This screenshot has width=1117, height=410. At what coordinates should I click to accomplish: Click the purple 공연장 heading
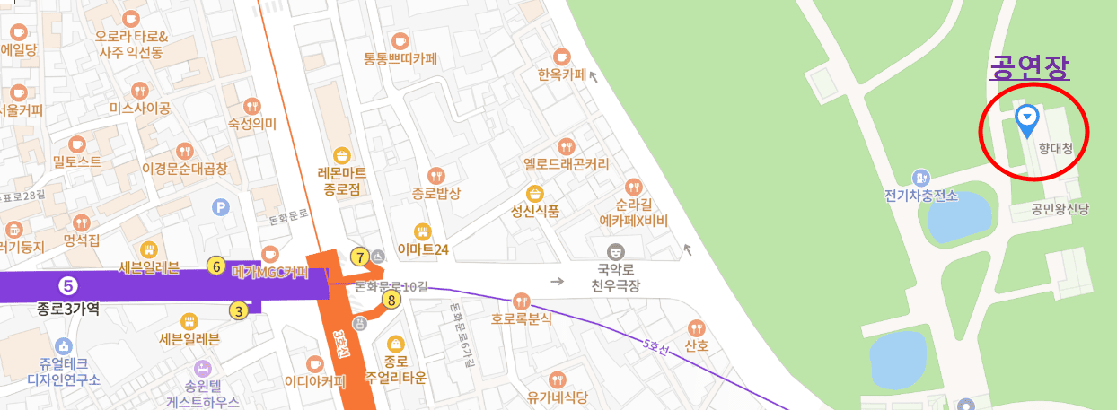[1030, 66]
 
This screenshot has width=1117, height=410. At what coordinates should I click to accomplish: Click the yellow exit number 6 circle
[215, 266]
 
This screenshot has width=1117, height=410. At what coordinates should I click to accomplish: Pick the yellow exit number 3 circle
[238, 311]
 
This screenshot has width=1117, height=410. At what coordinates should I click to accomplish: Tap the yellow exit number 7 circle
[360, 257]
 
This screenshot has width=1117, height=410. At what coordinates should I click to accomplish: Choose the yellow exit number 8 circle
[391, 301]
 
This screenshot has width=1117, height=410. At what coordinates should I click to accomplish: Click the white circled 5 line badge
[68, 286]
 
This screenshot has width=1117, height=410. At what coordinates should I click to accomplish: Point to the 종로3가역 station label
[67, 310]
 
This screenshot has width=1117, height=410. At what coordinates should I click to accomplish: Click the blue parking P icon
[221, 208]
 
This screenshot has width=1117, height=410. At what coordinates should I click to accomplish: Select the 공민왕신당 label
[1060, 210]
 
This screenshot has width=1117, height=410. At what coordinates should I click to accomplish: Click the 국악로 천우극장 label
[615, 277]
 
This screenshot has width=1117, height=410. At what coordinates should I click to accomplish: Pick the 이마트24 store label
[422, 250]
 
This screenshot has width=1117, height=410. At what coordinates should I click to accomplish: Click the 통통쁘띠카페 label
[400, 60]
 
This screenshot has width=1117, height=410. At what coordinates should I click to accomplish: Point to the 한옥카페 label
[561, 74]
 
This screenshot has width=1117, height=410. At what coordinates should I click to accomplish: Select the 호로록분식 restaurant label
[521, 318]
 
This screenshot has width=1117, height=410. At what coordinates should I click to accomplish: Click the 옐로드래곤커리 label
[566, 164]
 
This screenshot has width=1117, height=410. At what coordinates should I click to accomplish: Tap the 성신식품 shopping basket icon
[535, 193]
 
